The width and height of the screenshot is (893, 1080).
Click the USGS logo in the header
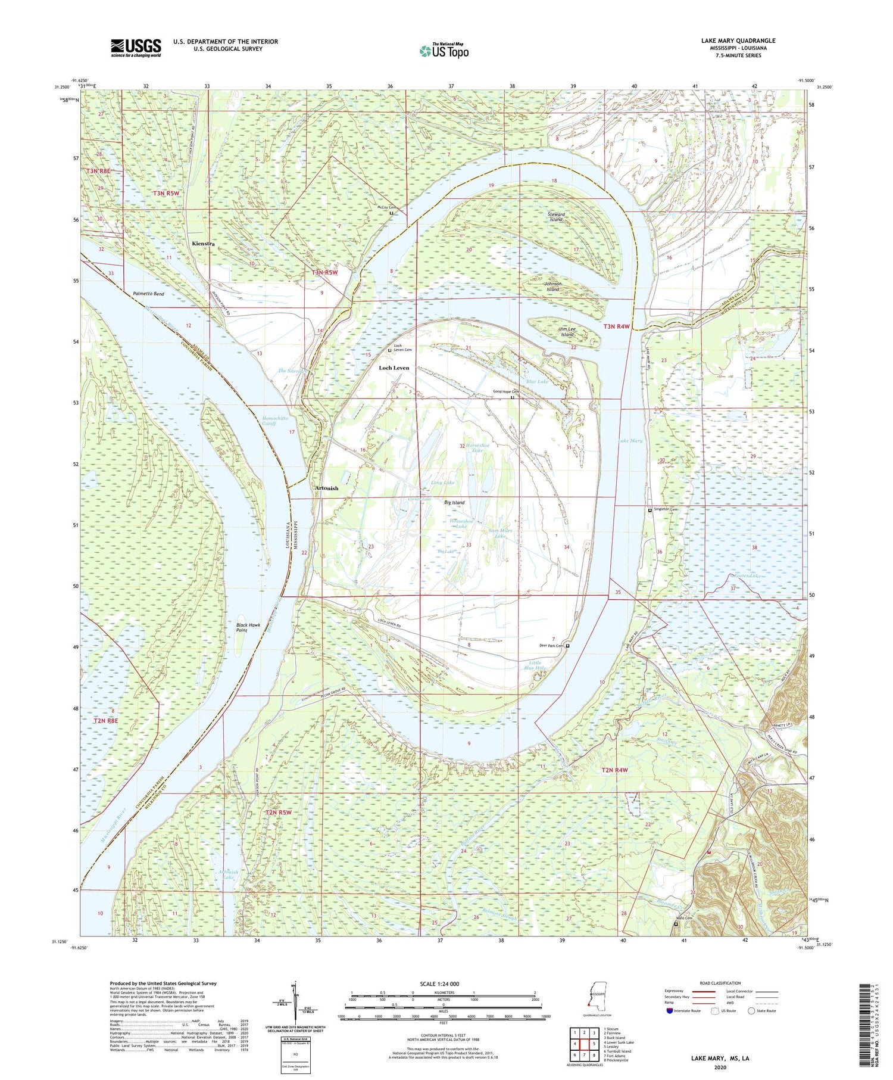136,48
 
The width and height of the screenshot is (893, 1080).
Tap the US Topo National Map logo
444,51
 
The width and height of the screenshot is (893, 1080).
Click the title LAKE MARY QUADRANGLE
738,41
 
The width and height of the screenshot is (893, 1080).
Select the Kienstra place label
203,244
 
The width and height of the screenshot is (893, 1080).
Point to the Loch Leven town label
394,368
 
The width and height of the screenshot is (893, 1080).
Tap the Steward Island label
555,217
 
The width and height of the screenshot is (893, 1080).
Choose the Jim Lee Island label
566,332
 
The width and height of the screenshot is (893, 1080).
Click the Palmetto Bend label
148,294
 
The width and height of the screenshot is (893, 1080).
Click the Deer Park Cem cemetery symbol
567,646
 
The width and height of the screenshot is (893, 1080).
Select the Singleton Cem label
665,510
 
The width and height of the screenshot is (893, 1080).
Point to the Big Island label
454,503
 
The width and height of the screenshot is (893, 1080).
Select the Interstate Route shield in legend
670,1010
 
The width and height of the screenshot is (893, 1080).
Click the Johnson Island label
553,287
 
